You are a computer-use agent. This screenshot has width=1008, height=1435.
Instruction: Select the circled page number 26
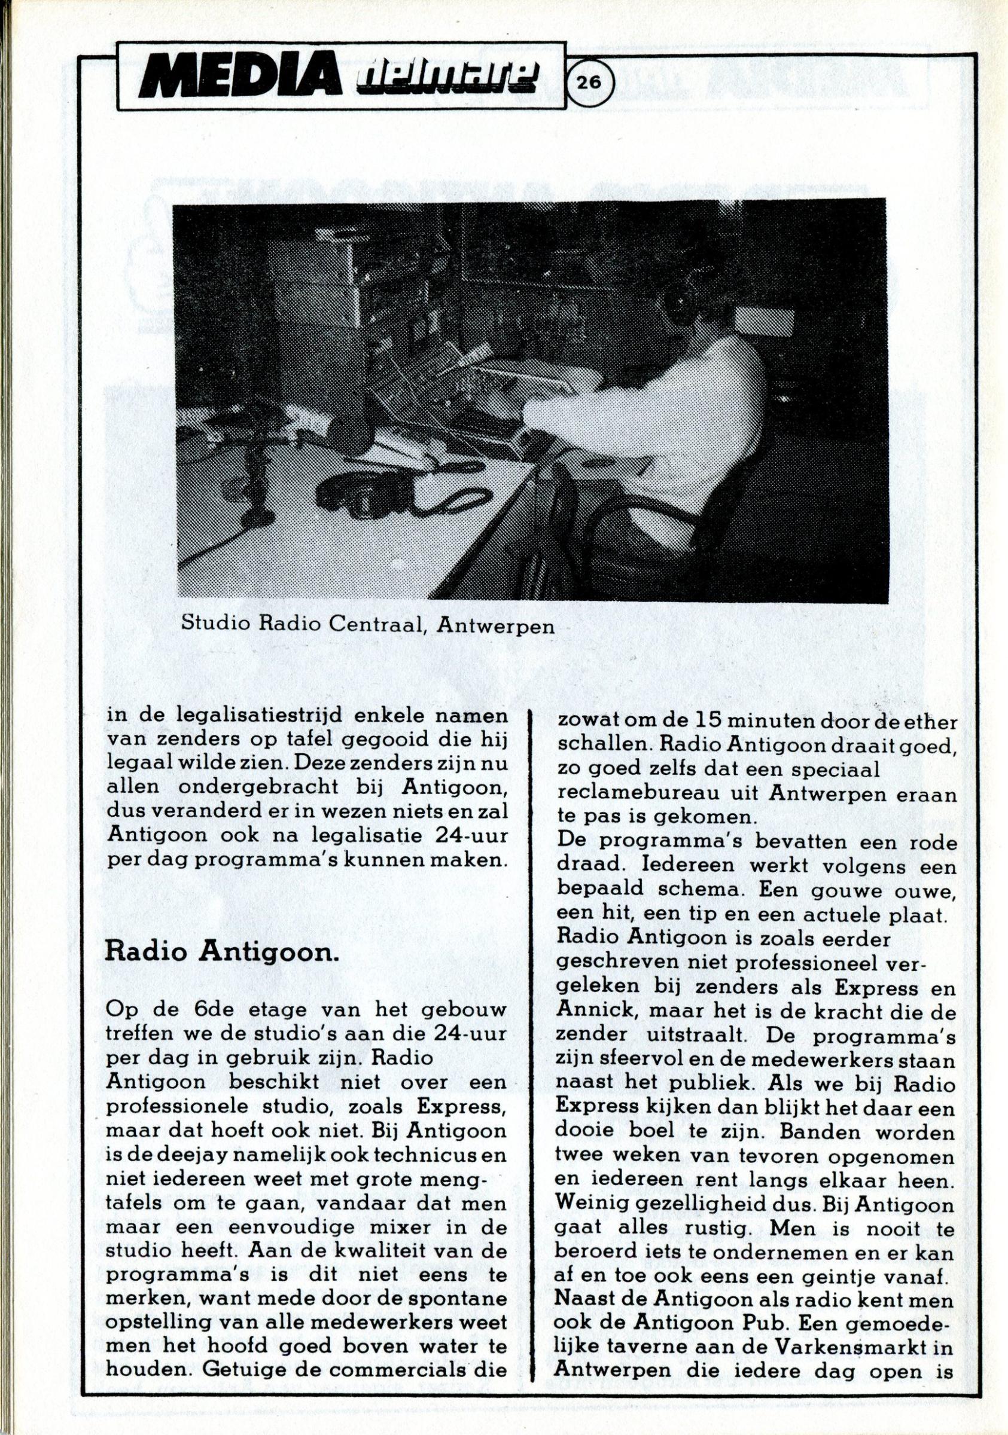[x=590, y=81]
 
